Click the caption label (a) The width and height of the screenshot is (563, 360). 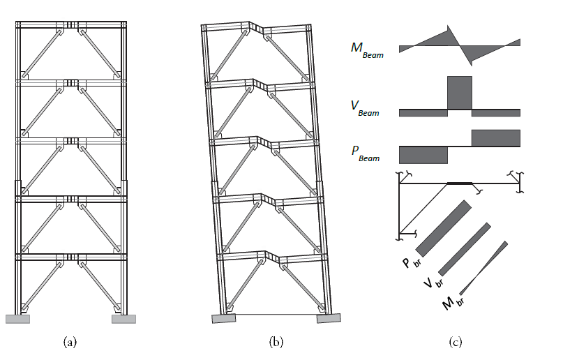point(70,342)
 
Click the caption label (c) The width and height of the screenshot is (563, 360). point(456,342)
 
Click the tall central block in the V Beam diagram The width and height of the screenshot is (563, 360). point(459,92)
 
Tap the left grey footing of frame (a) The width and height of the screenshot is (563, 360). point(17,319)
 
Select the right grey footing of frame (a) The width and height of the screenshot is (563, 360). point(123,319)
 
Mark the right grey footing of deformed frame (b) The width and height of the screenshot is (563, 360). point(329,318)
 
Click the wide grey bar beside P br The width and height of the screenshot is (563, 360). point(442,228)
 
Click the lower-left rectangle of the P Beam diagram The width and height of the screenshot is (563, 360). point(423,154)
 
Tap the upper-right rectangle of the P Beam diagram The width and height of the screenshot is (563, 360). point(496,138)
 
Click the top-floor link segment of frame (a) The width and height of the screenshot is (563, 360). point(71,26)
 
